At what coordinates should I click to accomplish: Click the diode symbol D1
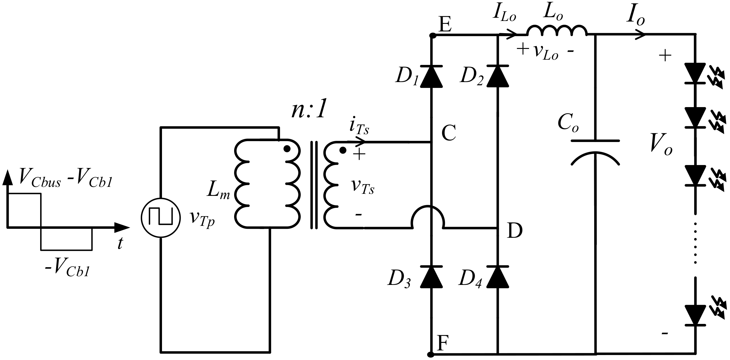431,76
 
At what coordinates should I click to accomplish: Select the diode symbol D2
498,76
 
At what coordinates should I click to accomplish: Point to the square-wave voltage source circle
161,218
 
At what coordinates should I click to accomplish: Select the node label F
443,343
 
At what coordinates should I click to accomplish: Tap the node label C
448,134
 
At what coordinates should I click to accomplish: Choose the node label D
514,232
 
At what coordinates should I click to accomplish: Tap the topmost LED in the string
695,73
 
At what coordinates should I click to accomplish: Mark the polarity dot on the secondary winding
343,150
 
